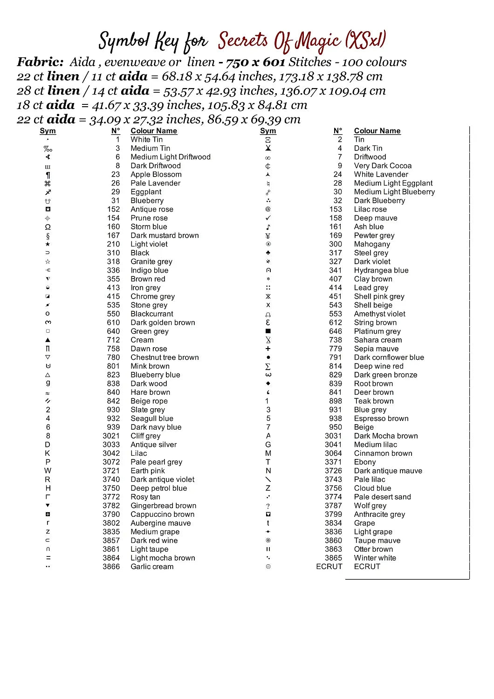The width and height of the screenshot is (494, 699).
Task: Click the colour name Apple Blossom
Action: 156,174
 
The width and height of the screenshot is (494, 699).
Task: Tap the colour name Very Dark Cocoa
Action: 383,165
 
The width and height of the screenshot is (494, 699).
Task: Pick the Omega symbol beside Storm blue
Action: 48,227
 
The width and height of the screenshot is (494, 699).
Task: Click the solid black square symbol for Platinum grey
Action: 268,331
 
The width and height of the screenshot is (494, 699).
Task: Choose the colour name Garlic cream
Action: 151,567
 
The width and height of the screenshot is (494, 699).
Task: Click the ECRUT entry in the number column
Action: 329,567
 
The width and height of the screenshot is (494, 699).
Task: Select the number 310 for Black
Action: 113,253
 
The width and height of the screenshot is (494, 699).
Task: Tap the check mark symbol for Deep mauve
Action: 268,218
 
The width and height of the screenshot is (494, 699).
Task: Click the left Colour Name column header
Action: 153,131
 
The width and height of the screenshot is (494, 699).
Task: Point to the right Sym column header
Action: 268,131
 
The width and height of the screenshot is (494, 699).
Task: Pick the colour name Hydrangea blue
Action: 381,270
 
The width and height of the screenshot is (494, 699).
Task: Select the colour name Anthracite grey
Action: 379,514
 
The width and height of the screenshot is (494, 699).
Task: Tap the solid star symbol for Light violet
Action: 48,244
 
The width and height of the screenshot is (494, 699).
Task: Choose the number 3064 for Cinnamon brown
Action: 333,453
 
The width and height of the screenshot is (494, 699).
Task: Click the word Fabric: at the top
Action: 40,62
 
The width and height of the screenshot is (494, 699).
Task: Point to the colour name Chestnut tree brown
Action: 165,357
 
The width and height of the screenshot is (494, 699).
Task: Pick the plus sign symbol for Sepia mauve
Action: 268,349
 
